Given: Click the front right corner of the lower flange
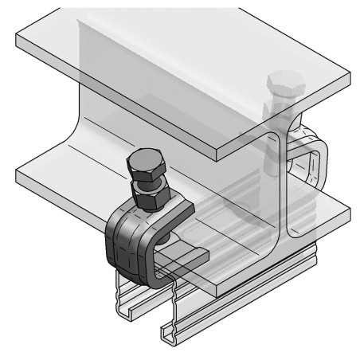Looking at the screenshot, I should point(348,213).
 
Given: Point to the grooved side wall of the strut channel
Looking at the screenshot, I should point(239,295).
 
